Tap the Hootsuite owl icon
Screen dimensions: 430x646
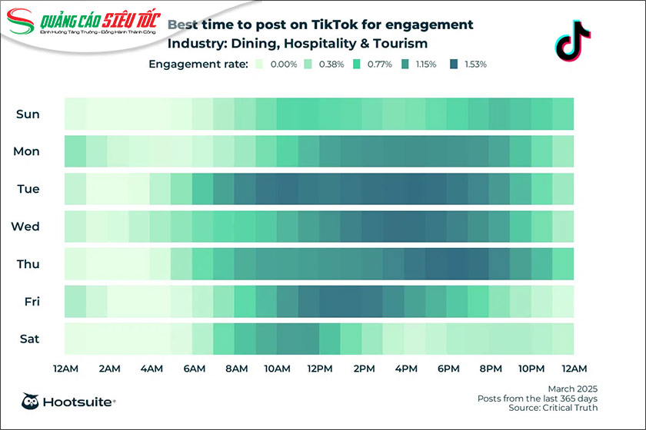[31, 401]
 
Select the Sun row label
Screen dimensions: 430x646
[28, 114]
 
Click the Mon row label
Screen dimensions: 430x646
[27, 151]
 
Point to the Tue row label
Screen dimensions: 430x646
[28, 189]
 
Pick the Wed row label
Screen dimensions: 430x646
[26, 227]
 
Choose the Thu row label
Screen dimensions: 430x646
[28, 264]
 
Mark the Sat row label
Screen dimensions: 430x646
[28, 339]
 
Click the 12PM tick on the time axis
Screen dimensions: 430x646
[319, 369]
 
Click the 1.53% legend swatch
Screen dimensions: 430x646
[453, 64]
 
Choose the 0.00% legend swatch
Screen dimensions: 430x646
[260, 64]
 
